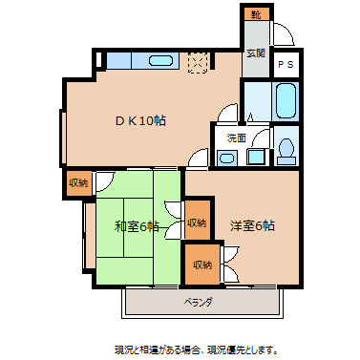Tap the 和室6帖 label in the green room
click(137, 226)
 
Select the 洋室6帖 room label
click(252, 226)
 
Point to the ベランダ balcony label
click(198, 302)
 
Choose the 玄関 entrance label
click(255, 53)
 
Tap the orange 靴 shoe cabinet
click(255, 14)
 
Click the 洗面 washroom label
click(235, 138)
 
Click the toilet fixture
click(285, 149)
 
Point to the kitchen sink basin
click(160, 61)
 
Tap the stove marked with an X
click(200, 61)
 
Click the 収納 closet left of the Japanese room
click(78, 182)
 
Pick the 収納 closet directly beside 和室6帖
click(197, 222)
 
